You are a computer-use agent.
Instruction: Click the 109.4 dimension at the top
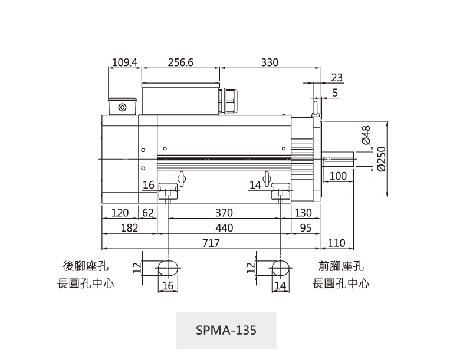tap(124, 62)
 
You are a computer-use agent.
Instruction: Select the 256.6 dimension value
tap(180, 62)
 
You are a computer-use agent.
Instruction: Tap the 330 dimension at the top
tap(270, 62)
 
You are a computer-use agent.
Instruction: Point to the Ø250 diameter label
tap(381, 159)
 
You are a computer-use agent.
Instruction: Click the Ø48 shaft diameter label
tap(366, 135)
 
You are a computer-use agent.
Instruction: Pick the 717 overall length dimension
tap(211, 243)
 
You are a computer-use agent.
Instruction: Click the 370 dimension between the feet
tap(224, 213)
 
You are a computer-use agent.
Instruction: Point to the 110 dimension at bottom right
tap(336, 243)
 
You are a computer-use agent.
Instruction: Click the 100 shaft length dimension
tap(338, 176)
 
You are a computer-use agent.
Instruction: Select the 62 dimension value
tap(147, 213)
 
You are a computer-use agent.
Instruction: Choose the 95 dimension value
tap(305, 228)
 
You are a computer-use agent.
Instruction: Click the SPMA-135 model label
tap(226, 329)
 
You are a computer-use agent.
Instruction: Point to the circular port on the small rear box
tap(123, 107)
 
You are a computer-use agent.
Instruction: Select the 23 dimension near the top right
tap(337, 77)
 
